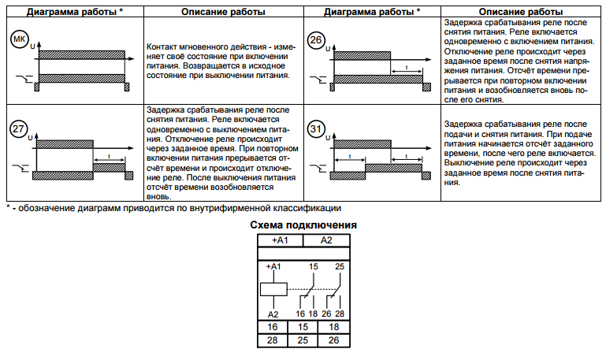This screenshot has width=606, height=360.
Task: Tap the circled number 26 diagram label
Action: pyautogui.click(x=315, y=41)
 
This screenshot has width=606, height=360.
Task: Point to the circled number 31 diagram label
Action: pyautogui.click(x=315, y=128)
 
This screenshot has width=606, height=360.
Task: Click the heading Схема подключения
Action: pyautogui.click(x=303, y=226)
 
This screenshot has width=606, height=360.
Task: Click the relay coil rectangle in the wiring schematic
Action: pyautogui.click(x=273, y=288)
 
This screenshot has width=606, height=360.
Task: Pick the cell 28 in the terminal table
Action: pyautogui.click(x=273, y=340)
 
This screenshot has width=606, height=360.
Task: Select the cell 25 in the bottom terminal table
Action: pyautogui.click(x=303, y=340)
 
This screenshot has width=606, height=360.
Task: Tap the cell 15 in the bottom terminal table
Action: pyautogui.click(x=303, y=325)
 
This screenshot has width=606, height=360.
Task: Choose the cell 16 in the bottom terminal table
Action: pyautogui.click(x=273, y=325)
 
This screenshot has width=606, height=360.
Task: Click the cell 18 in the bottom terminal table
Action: pyautogui.click(x=333, y=325)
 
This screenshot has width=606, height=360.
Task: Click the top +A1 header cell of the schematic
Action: pyautogui.click(x=280, y=239)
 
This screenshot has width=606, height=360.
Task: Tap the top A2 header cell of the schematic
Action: pyautogui.click(x=325, y=239)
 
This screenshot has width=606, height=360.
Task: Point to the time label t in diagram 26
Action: pyautogui.click(x=406, y=68)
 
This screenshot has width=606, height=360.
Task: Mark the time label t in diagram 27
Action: pyautogui.click(x=108, y=157)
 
